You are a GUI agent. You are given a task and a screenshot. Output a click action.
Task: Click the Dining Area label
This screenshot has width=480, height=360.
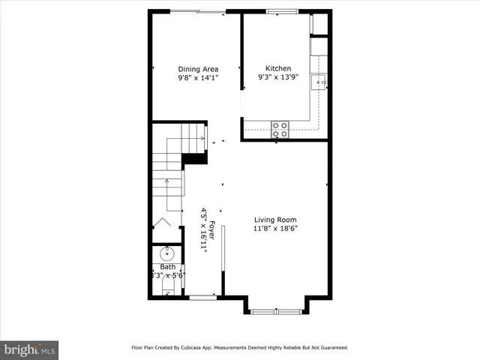pos(198,69)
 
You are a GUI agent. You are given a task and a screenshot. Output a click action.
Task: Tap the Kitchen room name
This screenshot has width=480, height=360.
pos(274,68)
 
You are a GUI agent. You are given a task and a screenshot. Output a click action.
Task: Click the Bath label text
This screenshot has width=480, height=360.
pos(167,267)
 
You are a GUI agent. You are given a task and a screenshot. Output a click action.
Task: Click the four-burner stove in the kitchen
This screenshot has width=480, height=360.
pos(280,129)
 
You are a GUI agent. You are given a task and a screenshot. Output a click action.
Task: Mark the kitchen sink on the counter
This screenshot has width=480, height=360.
pos(319,82)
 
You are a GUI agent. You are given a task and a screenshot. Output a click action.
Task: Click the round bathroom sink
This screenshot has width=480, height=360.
pos(166,253)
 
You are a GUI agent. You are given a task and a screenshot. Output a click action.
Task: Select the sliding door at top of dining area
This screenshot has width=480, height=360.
pos(198,11)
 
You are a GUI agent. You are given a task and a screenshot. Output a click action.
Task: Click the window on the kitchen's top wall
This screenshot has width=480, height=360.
pos(282,11)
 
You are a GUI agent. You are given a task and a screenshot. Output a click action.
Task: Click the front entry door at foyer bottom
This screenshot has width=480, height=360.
pos(202,298)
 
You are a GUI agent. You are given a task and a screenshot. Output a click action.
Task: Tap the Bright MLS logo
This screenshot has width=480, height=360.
pos(29,349)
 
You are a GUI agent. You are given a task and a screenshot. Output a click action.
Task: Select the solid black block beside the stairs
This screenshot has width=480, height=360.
pos(195,158)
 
